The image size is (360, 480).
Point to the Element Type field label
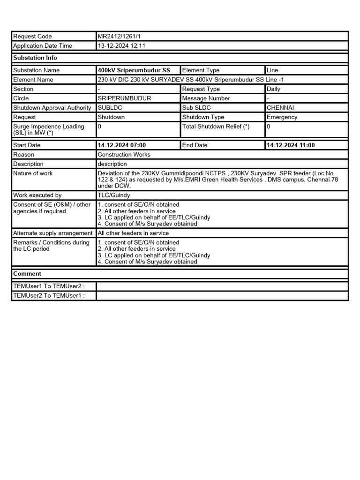[201, 70]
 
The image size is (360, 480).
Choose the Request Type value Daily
[274, 89]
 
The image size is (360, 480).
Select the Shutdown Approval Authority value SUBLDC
[109, 108]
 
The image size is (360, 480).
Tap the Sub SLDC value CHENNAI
[280, 108]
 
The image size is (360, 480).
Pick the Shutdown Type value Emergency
[282, 117]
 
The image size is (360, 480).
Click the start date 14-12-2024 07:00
[122, 145]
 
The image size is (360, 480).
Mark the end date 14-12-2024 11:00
[291, 145]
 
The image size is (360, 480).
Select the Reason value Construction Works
[124, 155]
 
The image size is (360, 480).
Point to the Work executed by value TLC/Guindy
[114, 195]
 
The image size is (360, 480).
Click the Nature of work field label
[33, 173]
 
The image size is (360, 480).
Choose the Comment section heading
[27, 274]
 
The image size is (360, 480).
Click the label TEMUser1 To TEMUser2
[49, 286]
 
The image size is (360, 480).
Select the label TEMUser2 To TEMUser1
[49, 296]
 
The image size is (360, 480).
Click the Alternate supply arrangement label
[53, 233]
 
